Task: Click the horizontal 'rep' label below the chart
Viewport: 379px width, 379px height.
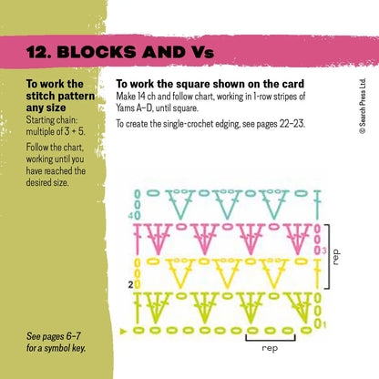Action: [x=270, y=347]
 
